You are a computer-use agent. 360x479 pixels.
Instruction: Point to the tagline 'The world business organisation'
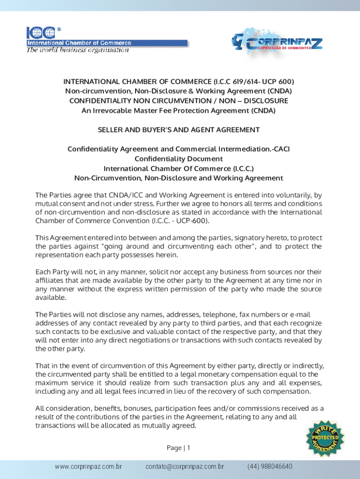pyautogui.click(x=77, y=50)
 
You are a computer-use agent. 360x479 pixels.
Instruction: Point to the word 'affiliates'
pyautogui.click(x=51, y=280)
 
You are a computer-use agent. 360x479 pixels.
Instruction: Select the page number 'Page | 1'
pyautogui.click(x=178, y=448)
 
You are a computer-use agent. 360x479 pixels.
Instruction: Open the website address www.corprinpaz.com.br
pyautogui.click(x=88, y=467)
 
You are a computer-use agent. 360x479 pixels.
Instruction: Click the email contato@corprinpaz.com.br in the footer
pyautogui.click(x=184, y=467)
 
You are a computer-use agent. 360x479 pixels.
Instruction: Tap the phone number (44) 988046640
pyautogui.click(x=270, y=467)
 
